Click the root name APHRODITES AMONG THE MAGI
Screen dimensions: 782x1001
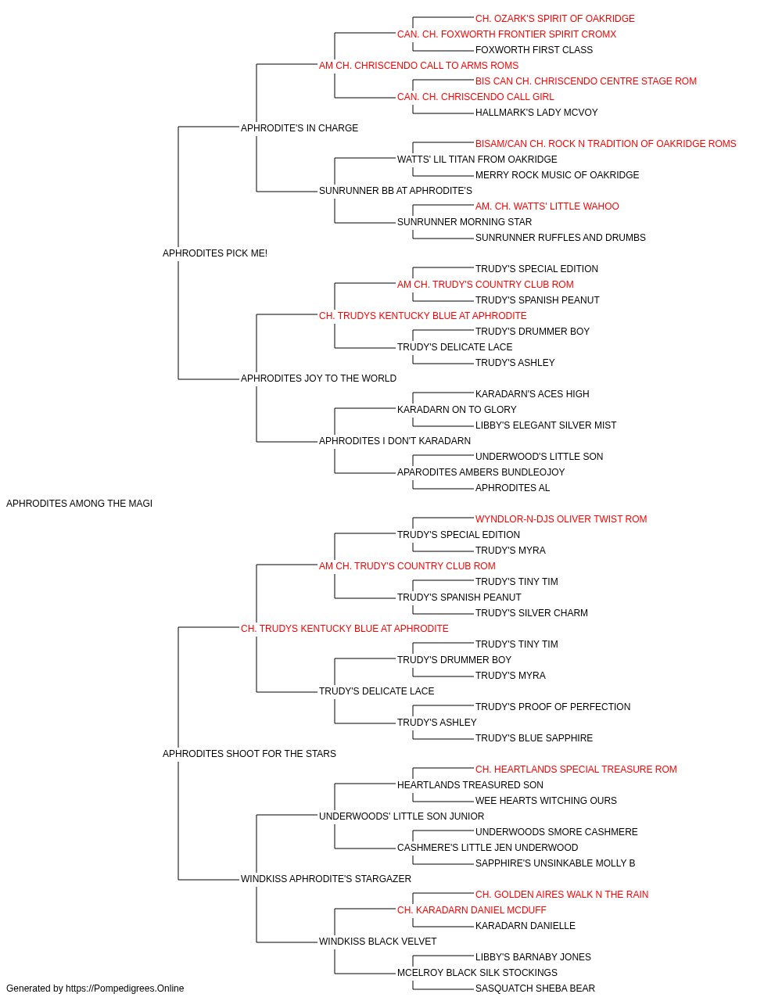(79, 504)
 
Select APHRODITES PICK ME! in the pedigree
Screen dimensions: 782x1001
(214, 253)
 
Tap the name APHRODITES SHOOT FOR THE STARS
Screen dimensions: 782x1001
(249, 754)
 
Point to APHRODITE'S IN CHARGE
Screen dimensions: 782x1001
(300, 128)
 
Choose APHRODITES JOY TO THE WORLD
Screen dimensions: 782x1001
(318, 379)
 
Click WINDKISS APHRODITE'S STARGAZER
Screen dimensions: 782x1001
(325, 879)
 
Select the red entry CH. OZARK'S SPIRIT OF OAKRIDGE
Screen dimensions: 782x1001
(555, 19)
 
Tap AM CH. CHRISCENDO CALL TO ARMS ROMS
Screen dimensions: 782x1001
(418, 66)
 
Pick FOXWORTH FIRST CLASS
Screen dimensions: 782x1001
(534, 50)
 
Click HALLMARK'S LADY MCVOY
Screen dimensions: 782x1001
(536, 113)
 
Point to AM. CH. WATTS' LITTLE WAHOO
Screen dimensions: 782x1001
(547, 206)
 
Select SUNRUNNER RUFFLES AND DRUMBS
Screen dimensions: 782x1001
(561, 238)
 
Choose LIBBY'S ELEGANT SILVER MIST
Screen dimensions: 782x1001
(546, 425)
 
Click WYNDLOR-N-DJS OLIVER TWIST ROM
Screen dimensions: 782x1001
(561, 519)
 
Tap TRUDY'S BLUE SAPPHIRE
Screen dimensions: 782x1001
(534, 738)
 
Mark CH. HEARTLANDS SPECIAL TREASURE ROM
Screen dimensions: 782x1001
(576, 770)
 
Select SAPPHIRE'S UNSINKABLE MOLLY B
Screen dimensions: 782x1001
(555, 863)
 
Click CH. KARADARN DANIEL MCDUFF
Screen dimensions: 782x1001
(472, 910)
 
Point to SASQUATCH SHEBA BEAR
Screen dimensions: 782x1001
(535, 988)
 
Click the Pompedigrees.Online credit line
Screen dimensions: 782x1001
(95, 988)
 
